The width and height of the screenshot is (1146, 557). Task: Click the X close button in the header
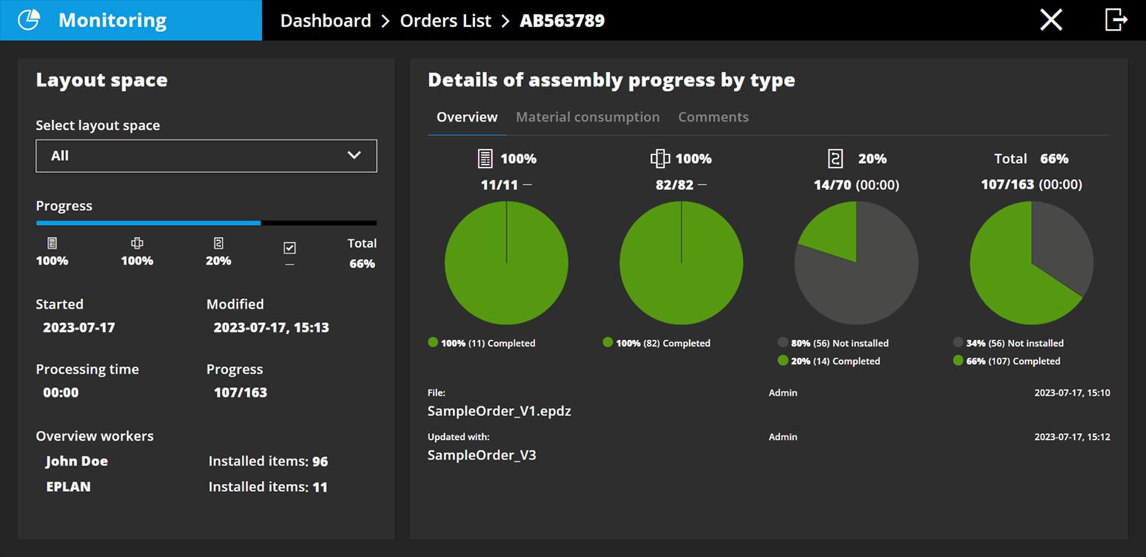[x=1050, y=20]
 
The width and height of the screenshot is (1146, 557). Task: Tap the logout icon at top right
[x=1115, y=20]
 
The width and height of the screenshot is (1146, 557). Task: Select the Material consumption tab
[x=588, y=117]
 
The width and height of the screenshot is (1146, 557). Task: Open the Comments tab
[x=713, y=117]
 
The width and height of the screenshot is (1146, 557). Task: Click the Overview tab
[x=467, y=117]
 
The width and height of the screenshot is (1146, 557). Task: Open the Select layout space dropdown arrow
[x=354, y=155]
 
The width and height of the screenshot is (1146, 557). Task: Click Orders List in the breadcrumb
[x=446, y=21]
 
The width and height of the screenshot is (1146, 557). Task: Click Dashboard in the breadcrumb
[x=326, y=21]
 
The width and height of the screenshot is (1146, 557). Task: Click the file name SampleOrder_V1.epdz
[x=499, y=411]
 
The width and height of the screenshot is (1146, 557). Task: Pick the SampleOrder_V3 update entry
[x=482, y=455]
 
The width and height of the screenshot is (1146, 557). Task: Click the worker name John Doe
[x=76, y=461]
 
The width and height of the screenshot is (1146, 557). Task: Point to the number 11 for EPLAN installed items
[x=320, y=487]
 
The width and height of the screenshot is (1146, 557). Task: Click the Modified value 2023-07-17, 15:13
[x=271, y=327]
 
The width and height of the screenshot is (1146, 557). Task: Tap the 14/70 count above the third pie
[x=832, y=185]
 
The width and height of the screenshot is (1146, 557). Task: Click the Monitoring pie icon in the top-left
[x=28, y=20]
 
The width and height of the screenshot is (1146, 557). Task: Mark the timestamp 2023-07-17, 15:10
[x=1071, y=392]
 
